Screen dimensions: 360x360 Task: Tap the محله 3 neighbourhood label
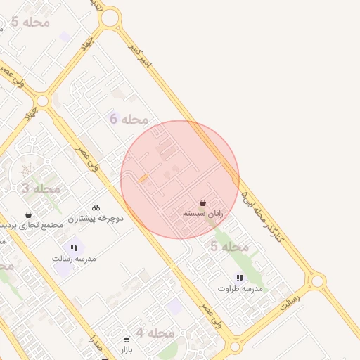coord(41,188)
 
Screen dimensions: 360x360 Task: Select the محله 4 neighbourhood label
coord(155,333)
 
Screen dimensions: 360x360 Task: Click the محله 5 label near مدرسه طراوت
coord(230,247)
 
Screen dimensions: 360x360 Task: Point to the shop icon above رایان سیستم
coord(203,202)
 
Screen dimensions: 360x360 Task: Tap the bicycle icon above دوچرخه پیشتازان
coord(96,207)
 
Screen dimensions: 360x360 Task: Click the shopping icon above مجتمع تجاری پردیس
coord(28,214)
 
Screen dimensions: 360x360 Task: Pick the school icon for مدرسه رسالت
coord(74,247)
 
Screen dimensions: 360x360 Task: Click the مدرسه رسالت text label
coord(74,259)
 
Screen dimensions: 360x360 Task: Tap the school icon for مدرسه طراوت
coord(240,278)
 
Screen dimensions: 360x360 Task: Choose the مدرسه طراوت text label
coord(240,289)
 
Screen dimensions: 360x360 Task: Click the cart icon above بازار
coord(127,338)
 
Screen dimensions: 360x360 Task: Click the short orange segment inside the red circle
coord(143,179)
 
